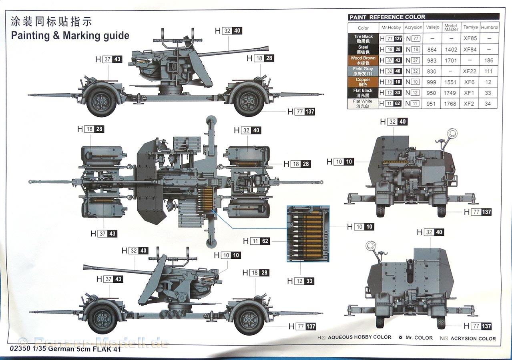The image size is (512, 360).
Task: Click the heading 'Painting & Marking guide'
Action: tap(70, 36)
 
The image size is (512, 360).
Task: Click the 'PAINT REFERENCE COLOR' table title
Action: tap(387, 17)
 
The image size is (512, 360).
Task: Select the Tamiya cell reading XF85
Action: tap(470, 39)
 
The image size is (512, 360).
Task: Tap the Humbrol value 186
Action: tap(489, 60)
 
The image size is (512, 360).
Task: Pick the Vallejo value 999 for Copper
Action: tap(432, 82)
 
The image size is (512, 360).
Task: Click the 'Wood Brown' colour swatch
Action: tap(363, 60)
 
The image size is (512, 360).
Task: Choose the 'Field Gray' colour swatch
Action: tap(363, 71)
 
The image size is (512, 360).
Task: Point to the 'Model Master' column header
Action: tap(451, 28)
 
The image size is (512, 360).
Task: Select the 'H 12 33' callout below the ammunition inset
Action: tap(300, 281)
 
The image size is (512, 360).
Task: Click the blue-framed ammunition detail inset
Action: tap(308, 234)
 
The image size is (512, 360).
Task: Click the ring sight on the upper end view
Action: tap(453, 133)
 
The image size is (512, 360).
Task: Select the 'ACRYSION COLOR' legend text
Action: tap(473, 338)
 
